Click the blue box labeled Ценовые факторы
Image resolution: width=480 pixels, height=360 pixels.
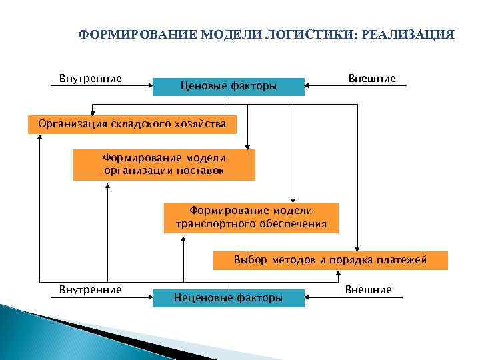tap(228, 86)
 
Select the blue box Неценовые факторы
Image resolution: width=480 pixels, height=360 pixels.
tap(228, 297)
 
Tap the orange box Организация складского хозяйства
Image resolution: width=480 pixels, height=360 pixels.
tap(132, 124)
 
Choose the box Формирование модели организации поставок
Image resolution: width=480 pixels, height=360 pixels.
tap(164, 165)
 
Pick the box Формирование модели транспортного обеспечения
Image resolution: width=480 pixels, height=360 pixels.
tap(251, 217)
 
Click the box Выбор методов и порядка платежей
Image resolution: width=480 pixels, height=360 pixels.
tap(330, 260)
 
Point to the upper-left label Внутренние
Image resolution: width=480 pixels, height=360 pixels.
tap(91, 79)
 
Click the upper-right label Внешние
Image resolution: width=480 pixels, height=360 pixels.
tap(371, 79)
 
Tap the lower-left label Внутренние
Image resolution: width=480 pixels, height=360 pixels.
tap(91, 289)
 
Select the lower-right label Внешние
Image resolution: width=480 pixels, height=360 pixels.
tap(369, 289)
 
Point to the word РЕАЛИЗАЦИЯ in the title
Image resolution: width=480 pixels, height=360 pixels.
tap(407, 34)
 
